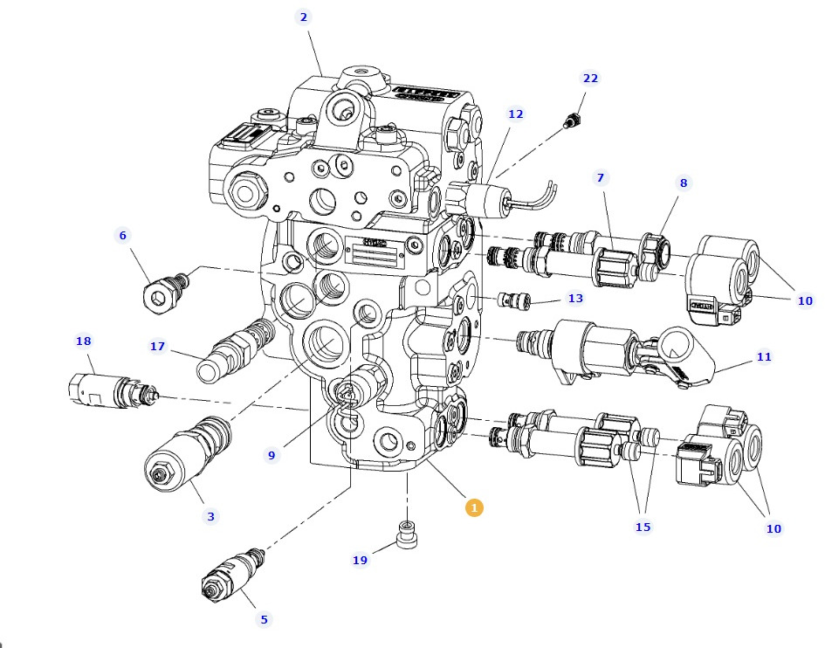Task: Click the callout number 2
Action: click(303, 17)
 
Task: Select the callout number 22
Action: click(591, 79)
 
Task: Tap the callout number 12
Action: click(516, 114)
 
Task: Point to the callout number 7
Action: click(600, 178)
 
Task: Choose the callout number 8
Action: click(684, 183)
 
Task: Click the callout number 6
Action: click(123, 235)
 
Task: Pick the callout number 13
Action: click(575, 298)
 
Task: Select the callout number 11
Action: click(764, 356)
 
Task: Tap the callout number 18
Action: click(84, 341)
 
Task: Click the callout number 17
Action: click(157, 347)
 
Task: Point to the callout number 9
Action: click(272, 455)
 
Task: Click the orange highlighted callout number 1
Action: click(474, 507)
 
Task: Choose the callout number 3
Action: click(210, 516)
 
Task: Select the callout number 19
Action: click(360, 560)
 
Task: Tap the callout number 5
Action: click(264, 620)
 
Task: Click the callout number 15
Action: click(643, 527)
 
